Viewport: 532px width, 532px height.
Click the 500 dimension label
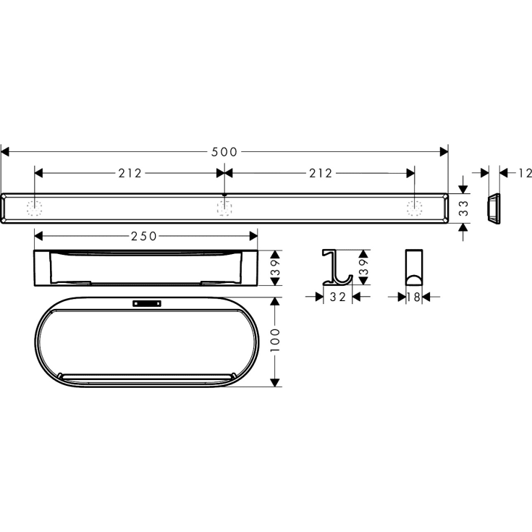(224, 152)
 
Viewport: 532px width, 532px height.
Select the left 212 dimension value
(130, 174)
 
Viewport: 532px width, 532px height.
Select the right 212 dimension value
(321, 174)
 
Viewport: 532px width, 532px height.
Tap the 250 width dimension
(144, 236)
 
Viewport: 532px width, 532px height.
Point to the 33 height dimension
(463, 208)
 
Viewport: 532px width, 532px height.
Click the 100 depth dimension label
(275, 339)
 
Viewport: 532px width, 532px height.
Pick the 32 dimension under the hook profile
(338, 297)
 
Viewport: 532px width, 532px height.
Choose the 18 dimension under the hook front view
(413, 297)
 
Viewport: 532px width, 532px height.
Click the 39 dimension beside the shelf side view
(276, 268)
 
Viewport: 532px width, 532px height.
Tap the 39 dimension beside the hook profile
(363, 267)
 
